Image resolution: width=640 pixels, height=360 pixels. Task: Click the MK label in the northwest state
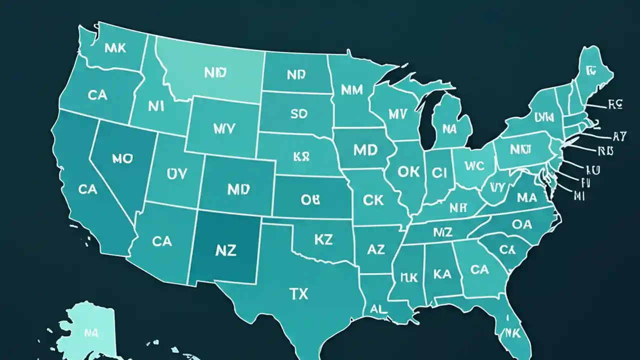click(x=115, y=48)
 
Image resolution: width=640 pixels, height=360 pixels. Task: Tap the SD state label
click(x=298, y=113)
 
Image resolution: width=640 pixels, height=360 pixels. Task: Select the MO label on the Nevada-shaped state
click(x=122, y=159)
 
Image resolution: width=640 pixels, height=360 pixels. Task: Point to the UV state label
click(x=176, y=173)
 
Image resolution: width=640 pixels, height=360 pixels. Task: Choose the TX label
click(x=298, y=293)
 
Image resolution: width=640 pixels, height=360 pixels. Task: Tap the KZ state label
click(x=323, y=239)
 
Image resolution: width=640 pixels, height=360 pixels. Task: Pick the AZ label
click(x=375, y=248)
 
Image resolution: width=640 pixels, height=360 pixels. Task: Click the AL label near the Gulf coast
click(x=378, y=309)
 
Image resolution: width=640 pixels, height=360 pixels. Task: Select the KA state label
click(x=442, y=273)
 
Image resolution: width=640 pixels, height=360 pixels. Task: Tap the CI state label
click(x=438, y=172)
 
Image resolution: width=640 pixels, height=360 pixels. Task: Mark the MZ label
click(x=442, y=232)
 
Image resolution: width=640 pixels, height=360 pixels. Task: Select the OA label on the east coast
click(x=522, y=224)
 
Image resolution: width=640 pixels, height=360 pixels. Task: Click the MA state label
click(x=526, y=197)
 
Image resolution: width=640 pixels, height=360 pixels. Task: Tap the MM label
click(x=352, y=90)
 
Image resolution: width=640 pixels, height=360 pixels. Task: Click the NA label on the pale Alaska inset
click(x=90, y=332)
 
